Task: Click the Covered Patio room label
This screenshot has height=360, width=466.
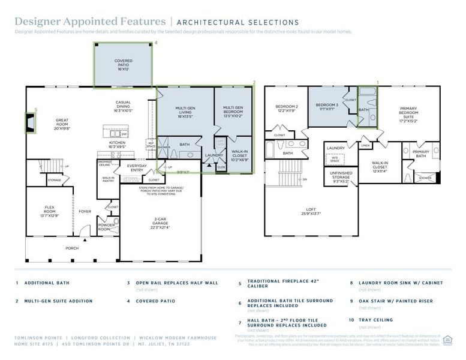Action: coord(124,64)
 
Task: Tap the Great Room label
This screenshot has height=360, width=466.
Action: coord(62,123)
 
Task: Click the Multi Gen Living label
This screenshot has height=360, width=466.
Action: coord(184,112)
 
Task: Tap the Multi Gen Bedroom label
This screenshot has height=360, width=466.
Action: coord(234,112)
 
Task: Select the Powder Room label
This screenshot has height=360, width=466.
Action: coord(106,227)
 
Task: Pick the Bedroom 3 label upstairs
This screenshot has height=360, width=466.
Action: coord(327,106)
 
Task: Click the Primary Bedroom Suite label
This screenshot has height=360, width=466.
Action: coord(408,114)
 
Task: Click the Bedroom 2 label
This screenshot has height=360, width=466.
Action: coord(287,108)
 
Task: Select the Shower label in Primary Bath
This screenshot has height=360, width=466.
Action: coord(425,178)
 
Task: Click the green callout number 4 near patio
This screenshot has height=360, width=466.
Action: coord(156,43)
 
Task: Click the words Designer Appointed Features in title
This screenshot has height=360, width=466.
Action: coord(90,22)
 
